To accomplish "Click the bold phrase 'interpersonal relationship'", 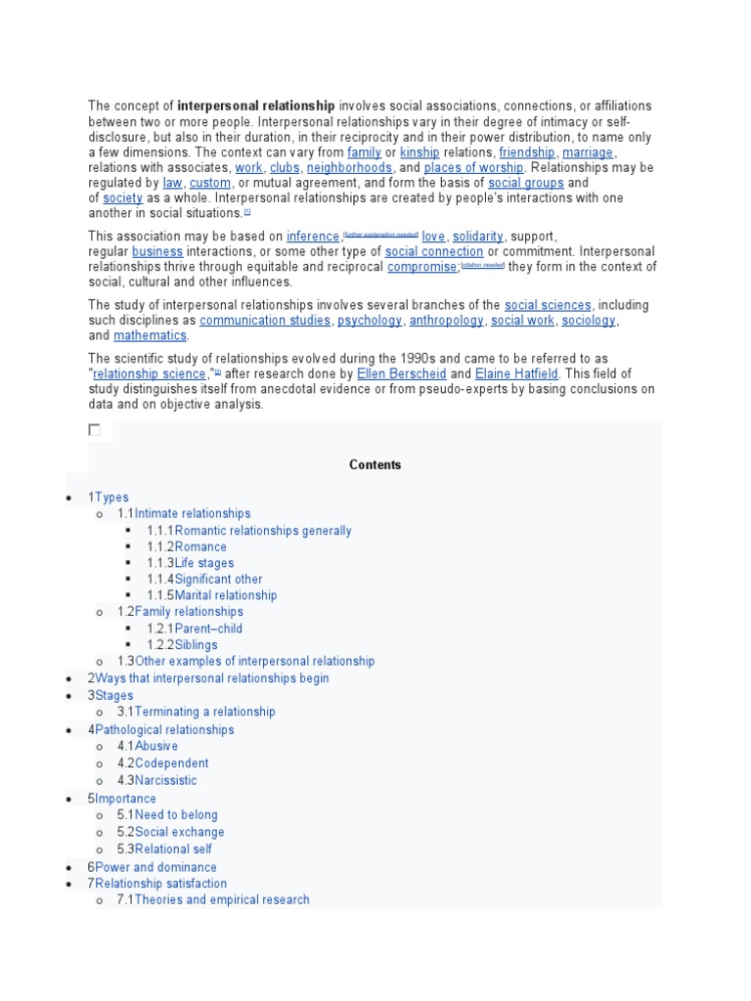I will pyautogui.click(x=256, y=106).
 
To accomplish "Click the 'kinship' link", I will pyautogui.click(x=420, y=152).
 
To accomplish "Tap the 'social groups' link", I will pyautogui.click(x=526, y=183).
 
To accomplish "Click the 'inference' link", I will pyautogui.click(x=313, y=237).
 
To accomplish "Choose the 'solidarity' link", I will pyautogui.click(x=478, y=237).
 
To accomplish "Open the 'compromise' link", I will pyautogui.click(x=422, y=267).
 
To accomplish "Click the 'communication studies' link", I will pyautogui.click(x=265, y=321).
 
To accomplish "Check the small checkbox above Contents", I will pyautogui.click(x=95, y=429).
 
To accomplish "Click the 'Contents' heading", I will pyautogui.click(x=375, y=465).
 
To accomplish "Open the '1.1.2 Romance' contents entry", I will pyautogui.click(x=199, y=546).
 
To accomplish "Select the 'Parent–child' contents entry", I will pyautogui.click(x=208, y=629).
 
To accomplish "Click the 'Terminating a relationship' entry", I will pyautogui.click(x=204, y=712).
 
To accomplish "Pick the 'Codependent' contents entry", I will pyautogui.click(x=171, y=762).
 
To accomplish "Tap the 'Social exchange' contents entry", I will pyautogui.click(x=179, y=832).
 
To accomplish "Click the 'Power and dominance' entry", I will pyautogui.click(x=155, y=867).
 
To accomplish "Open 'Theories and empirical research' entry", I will pyautogui.click(x=222, y=899).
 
